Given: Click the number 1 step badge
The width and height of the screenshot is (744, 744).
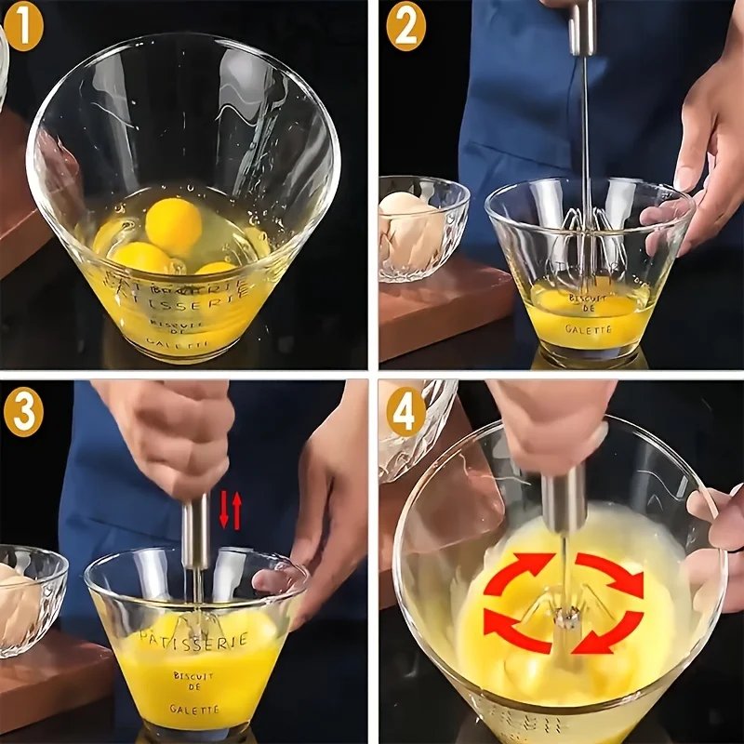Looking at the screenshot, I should tap(24, 28).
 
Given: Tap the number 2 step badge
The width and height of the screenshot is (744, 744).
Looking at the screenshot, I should tap(405, 28).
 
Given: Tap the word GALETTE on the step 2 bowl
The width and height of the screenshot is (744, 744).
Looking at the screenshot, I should tap(588, 328).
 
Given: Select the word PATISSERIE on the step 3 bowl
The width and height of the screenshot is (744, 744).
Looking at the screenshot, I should tap(193, 640).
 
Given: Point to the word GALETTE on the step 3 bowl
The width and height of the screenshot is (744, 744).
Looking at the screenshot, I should tap(194, 709).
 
